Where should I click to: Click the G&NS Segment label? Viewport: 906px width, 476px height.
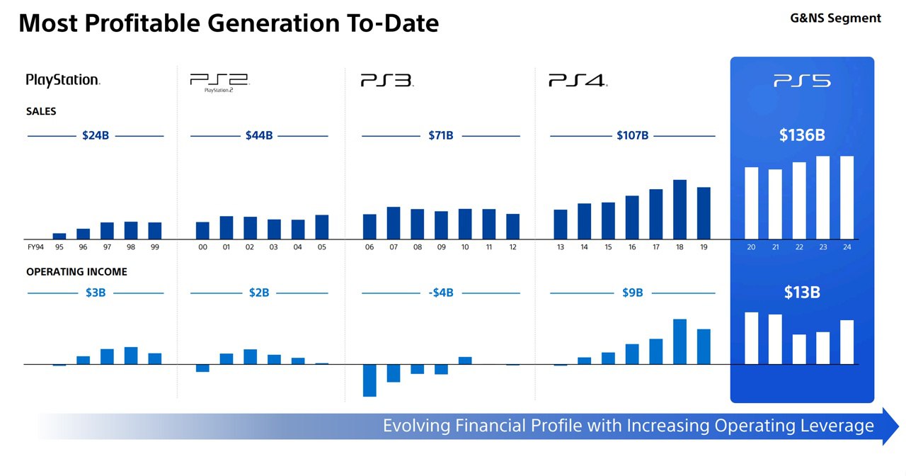point(835,18)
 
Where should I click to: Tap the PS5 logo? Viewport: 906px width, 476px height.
point(802,81)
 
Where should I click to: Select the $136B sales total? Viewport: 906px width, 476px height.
point(802,135)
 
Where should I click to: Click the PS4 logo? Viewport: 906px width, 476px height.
point(578,81)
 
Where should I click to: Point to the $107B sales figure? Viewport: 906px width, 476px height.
point(632,135)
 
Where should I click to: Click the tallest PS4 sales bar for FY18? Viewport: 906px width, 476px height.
point(679,209)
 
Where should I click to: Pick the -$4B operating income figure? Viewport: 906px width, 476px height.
point(441,293)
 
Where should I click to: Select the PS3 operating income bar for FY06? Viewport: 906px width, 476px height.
point(369,380)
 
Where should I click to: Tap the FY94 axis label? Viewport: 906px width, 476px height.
point(35,247)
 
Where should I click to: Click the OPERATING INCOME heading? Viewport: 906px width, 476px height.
point(76,272)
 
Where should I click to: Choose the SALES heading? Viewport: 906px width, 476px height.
point(41,111)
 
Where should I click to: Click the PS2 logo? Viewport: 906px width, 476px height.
point(219,81)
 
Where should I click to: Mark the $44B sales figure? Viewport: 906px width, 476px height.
point(259,135)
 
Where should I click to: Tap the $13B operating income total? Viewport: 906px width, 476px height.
point(802,293)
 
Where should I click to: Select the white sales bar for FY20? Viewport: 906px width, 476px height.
point(751,203)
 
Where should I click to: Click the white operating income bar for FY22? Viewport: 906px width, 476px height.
point(799,349)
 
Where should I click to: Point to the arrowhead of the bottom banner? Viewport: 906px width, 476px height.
point(890,426)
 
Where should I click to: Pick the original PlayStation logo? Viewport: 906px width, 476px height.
point(62,80)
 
